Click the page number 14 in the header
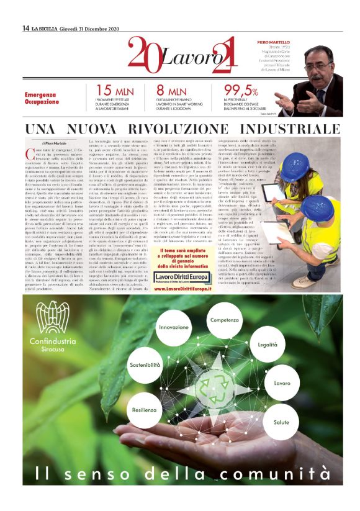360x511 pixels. coord(25,28)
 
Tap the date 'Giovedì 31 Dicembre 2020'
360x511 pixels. coord(83,28)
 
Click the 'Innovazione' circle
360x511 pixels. coord(174,327)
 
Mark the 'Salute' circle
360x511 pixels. coord(281,422)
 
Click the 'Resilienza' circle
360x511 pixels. coord(144,410)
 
